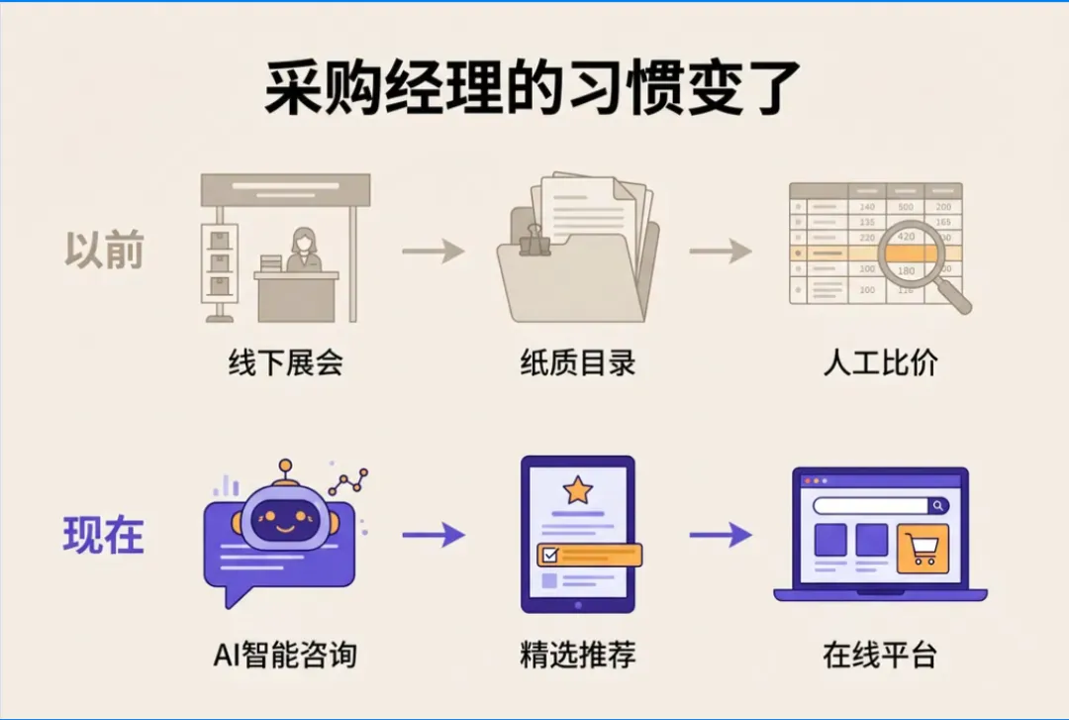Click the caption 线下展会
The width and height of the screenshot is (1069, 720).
coord(285,363)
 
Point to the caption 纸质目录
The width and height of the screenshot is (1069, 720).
coord(578,363)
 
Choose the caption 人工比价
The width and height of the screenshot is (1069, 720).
coord(880,363)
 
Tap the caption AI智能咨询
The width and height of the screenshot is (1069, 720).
coord(285,655)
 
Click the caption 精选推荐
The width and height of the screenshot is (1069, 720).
coord(578,655)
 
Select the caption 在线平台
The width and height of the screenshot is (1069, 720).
coord(880,655)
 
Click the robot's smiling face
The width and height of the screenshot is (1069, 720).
coord(285,520)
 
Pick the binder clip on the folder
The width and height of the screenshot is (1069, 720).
coord(535,241)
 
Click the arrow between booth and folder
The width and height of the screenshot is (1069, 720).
coord(433,252)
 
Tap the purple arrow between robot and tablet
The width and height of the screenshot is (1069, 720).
coord(433,535)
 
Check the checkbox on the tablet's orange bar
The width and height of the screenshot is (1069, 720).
coord(550,556)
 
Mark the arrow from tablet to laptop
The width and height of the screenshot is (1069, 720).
coord(720,535)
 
